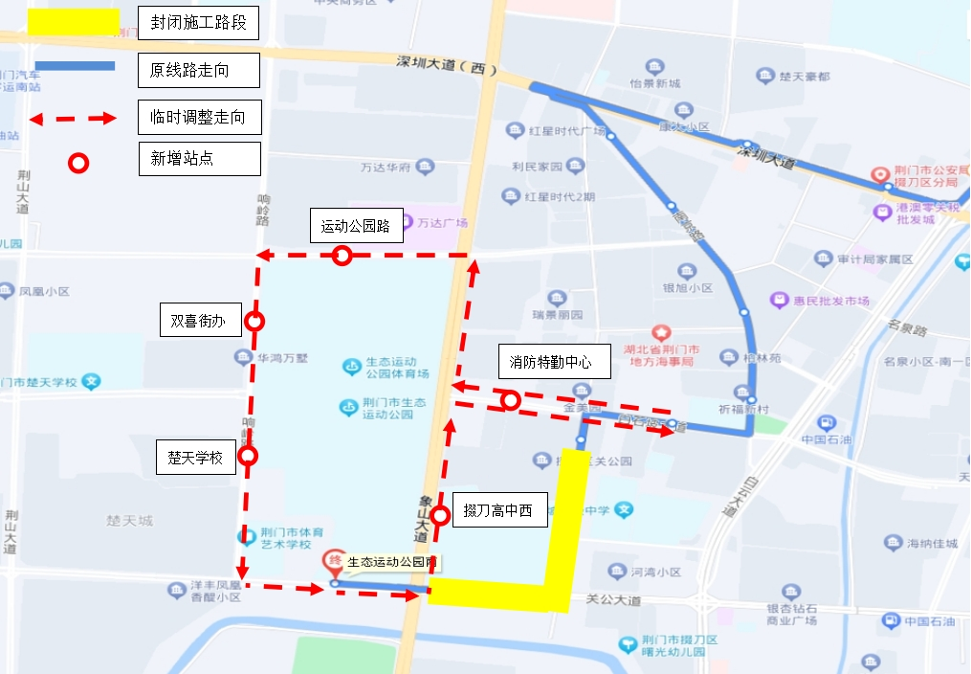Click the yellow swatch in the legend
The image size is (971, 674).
coord(73,23)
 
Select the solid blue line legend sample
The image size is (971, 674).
coord(73,66)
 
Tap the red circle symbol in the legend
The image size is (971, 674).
coord(78,163)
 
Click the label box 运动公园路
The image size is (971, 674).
coord(356,227)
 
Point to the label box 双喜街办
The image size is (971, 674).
coord(198,322)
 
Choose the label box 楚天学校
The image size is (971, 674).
coord(195,458)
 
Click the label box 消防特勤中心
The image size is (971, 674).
coord(550,362)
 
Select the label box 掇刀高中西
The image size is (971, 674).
coord(498,509)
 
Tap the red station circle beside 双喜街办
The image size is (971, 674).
coord(254,321)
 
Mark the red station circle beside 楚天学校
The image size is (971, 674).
coord(249,456)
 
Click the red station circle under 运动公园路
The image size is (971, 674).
coord(342,256)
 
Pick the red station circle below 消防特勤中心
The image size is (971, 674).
coord(511,400)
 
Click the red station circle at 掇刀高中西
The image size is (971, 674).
coord(440,516)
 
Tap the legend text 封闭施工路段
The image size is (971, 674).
coord(198,23)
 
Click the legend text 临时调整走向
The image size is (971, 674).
coord(198,117)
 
